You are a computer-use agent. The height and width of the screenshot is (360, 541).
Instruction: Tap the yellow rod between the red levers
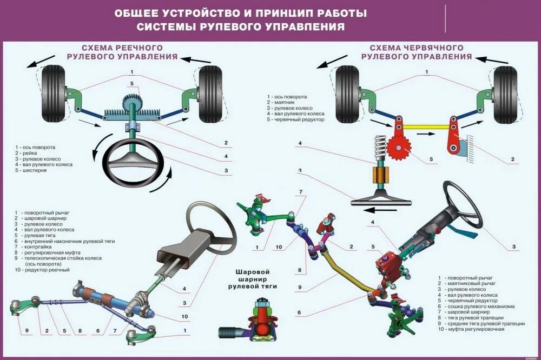(x=424, y=127)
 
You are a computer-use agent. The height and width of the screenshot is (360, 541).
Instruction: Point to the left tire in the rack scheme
(x=54, y=93)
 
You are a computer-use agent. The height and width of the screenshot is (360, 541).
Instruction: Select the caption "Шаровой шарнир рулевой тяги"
(x=253, y=278)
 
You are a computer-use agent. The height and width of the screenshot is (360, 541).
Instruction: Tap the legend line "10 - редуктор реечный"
(x=43, y=269)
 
